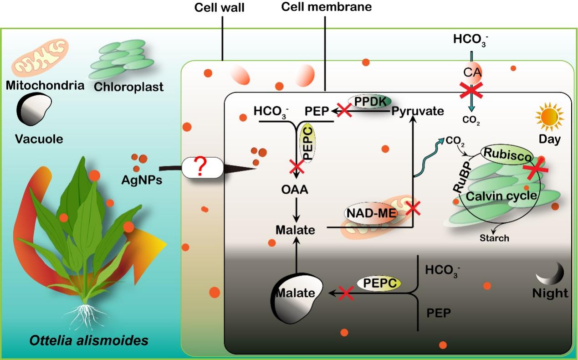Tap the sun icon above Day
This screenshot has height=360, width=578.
(x=549, y=116)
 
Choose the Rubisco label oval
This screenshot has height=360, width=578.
(x=507, y=154)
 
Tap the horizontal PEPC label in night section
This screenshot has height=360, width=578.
(x=379, y=283)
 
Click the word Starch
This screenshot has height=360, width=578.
(x=494, y=237)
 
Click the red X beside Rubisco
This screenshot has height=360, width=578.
(x=535, y=168)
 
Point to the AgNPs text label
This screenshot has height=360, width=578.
(x=142, y=180)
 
